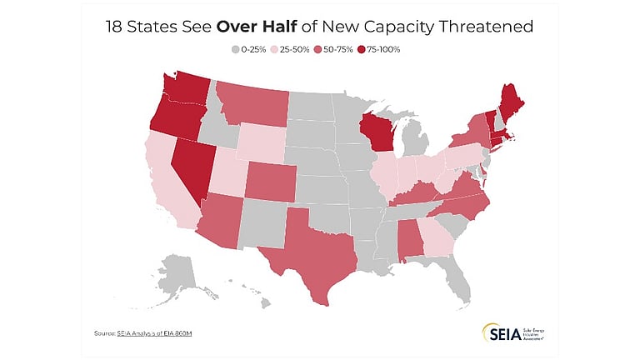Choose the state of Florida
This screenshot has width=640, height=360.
pos(454,270)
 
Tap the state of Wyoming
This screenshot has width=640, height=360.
pos(263,142)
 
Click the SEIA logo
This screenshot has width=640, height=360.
pos(497,332)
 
